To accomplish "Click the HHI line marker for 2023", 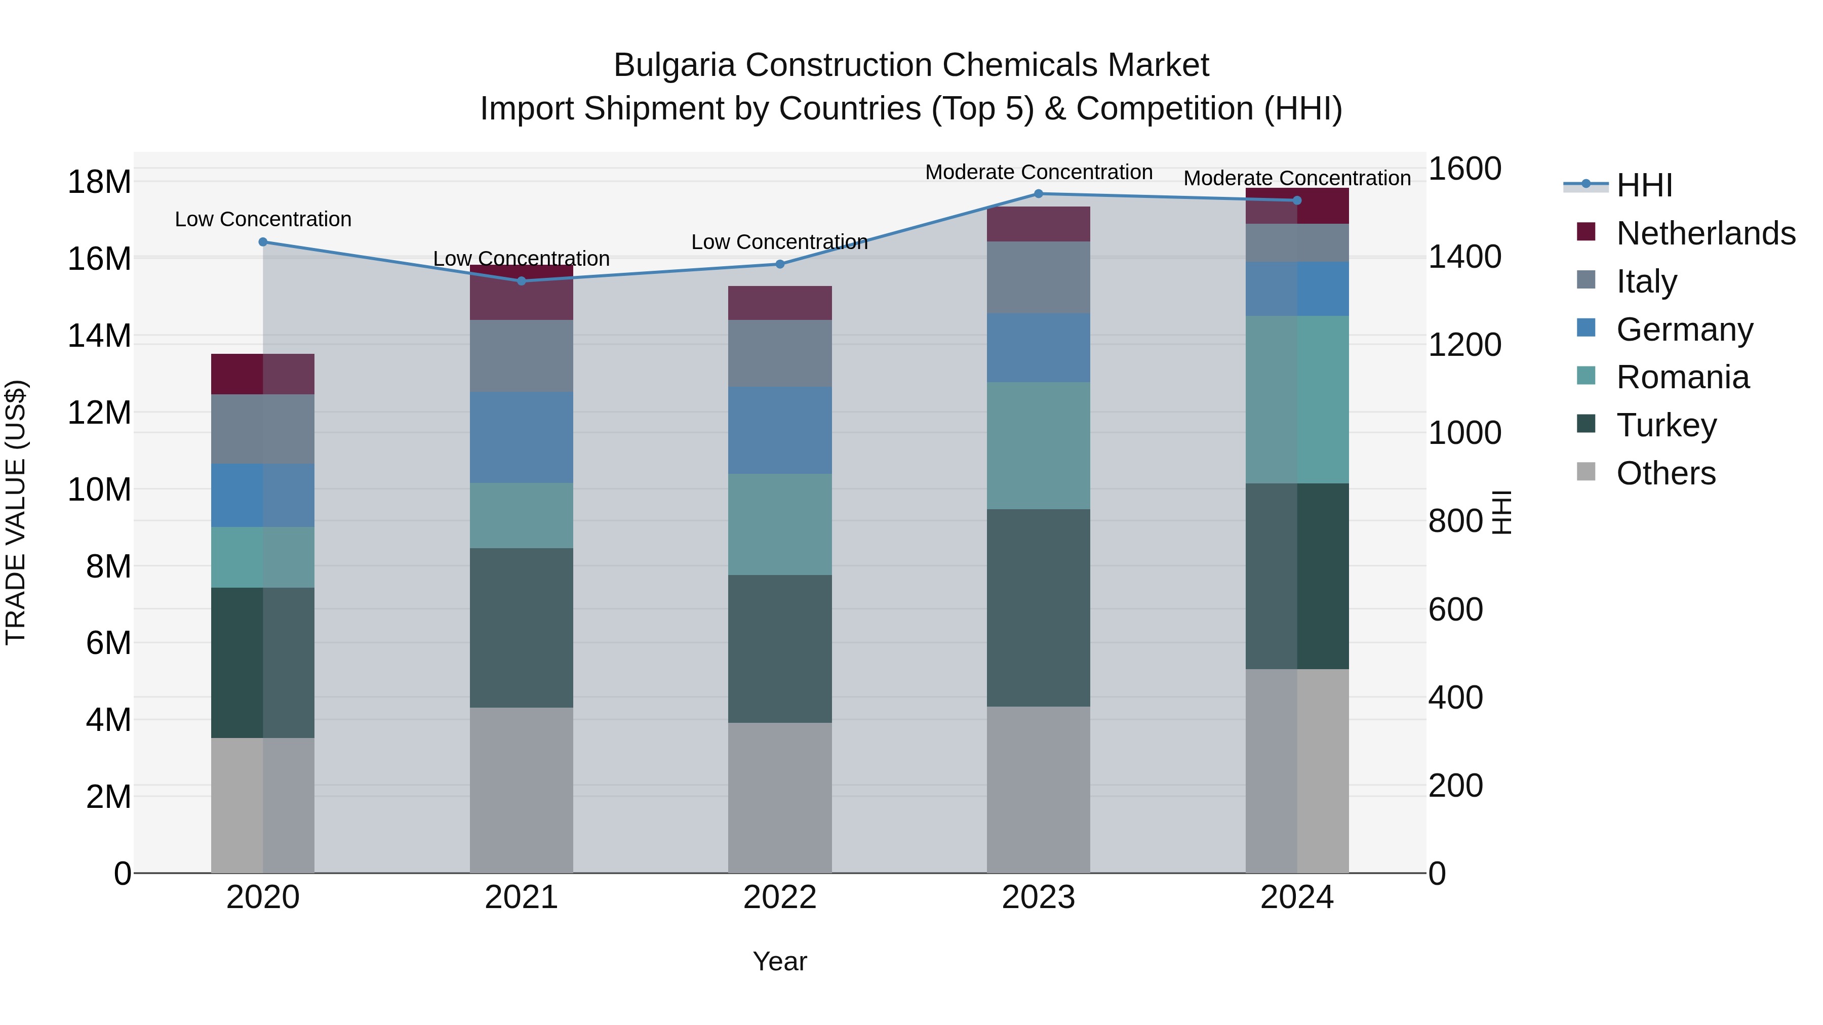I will [1038, 194].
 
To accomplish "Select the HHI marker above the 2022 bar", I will [780, 265].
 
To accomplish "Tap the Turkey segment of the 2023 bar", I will [1038, 607].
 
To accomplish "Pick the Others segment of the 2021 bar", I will [521, 790].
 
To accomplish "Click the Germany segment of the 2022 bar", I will [780, 430].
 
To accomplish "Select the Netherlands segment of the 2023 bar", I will [1038, 224].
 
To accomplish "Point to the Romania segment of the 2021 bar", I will [521, 516].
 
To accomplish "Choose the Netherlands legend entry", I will [1706, 233].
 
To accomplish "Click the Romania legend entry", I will [1682, 377].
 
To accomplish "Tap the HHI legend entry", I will [1643, 185].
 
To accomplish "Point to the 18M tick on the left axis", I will [99, 182].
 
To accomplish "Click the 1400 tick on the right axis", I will [1464, 257].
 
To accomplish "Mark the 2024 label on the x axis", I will [1296, 897].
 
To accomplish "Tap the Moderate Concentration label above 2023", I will [1038, 172].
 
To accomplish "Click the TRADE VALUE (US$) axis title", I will [16, 512].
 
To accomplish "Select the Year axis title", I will [779, 961].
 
